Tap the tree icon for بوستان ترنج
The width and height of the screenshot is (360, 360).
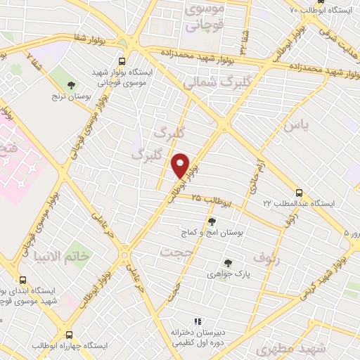(70, 85)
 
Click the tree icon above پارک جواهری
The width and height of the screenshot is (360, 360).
(227, 264)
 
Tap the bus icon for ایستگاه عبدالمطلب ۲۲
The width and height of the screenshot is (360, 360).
(300, 192)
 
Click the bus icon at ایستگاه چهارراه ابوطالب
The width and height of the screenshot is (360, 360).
(69, 335)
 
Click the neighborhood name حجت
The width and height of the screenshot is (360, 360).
(176, 252)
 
